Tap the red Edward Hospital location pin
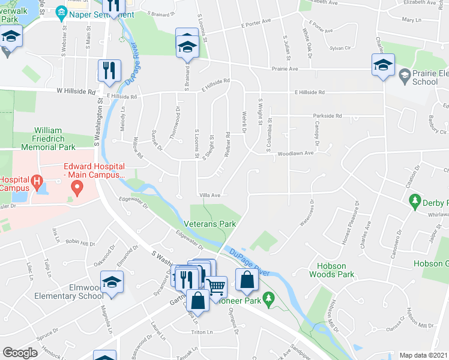coord(77,188)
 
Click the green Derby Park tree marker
coord(414,201)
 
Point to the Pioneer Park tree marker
coord(270,297)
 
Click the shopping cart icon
coord(216,287)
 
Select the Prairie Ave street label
coord(286,69)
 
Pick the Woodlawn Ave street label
coord(295,154)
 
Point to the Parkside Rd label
coord(327,116)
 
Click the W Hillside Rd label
coord(76,92)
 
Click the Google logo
coord(20,353)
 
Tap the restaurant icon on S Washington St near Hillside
coord(109,71)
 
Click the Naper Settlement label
coord(102,13)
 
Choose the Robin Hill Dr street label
coord(80,243)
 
